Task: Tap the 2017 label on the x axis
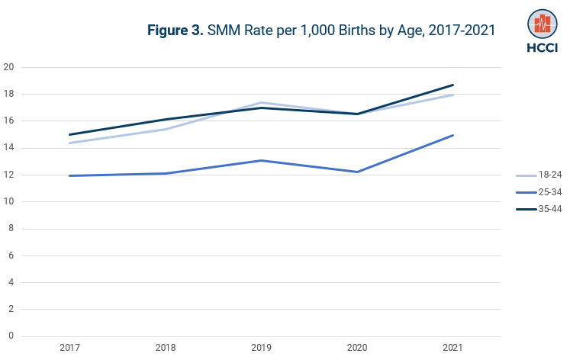(x=69, y=348)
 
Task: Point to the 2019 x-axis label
(x=262, y=348)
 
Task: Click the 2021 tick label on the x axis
(x=453, y=348)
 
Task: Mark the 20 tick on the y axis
(x=9, y=67)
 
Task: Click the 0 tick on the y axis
(x=11, y=336)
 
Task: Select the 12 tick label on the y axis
(x=9, y=175)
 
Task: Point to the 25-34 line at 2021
(x=453, y=135)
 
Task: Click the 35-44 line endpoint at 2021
(x=453, y=85)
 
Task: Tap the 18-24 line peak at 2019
(x=262, y=102)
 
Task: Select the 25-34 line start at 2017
(x=69, y=175)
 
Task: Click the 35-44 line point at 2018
(x=166, y=119)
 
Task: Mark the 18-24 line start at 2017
(x=69, y=143)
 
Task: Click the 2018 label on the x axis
(x=166, y=348)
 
